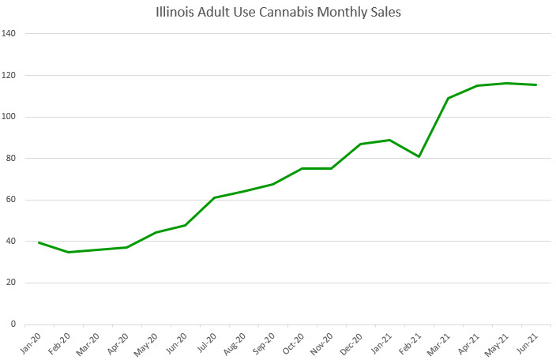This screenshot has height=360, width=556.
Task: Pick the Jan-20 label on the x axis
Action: pos(32,341)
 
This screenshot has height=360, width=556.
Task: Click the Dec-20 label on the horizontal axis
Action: pos(355,341)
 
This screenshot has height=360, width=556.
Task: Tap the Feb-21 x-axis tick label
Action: pos(413,341)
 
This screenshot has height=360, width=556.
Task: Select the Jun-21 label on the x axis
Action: pos(530,341)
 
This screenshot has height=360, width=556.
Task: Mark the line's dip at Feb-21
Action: pos(419,156)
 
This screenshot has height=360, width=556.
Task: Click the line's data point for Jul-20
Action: pos(215,197)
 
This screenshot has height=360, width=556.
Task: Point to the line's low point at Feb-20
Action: pos(68,252)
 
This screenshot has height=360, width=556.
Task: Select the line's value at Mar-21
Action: pos(449,98)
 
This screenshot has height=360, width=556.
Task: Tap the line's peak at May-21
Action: pos(507,83)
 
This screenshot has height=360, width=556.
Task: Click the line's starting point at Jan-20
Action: pos(39,242)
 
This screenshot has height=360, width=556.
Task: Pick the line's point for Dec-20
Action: pos(361,144)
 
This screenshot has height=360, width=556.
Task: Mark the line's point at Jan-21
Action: pos(390,140)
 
